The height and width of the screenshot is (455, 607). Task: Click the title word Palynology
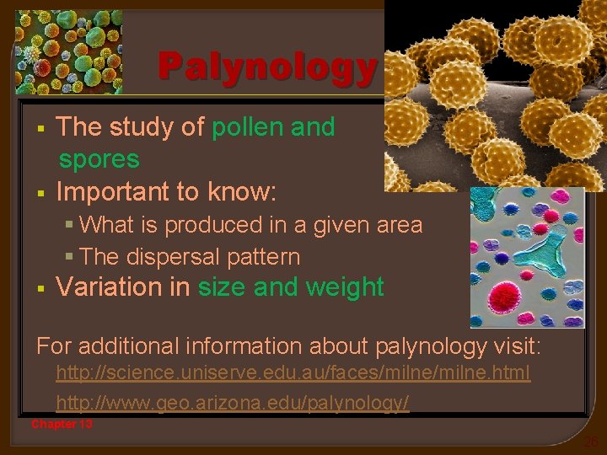tap(267, 68)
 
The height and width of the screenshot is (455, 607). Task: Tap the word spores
tap(99, 159)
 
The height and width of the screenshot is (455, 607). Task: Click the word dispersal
tap(173, 256)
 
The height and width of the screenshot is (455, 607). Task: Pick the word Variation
tap(110, 287)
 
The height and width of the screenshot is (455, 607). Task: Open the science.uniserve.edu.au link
tap(293, 373)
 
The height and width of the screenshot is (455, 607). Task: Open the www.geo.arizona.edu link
tap(233, 404)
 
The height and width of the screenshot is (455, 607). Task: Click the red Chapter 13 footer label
tap(62, 424)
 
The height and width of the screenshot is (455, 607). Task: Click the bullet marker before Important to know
tap(40, 193)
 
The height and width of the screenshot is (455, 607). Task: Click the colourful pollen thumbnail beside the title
tap(68, 51)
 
